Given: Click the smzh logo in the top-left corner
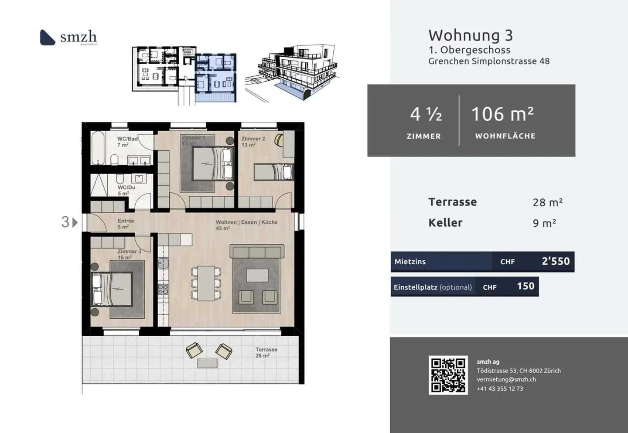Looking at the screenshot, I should click(68, 38).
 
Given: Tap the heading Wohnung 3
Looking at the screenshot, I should click(470, 35).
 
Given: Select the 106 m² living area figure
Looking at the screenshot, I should click(502, 114).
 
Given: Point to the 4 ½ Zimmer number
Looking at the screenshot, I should click(426, 115).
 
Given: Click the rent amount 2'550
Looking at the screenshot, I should click(555, 261).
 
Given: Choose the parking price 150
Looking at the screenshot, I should click(525, 286).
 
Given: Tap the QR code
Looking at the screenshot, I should click(448, 375).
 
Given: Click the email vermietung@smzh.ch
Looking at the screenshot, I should click(506, 379).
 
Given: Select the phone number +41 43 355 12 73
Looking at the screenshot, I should click(499, 389).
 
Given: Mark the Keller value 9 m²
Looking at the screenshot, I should click(544, 223).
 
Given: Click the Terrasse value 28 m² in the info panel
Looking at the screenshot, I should click(547, 202).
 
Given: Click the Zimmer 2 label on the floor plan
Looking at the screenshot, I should click(253, 139).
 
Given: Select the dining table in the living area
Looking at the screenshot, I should click(206, 283).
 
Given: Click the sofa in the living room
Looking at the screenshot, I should click(257, 252).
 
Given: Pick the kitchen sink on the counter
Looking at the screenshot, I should click(163, 263).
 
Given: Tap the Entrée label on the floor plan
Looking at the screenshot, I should click(126, 221).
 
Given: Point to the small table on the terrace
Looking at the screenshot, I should click(207, 363).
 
